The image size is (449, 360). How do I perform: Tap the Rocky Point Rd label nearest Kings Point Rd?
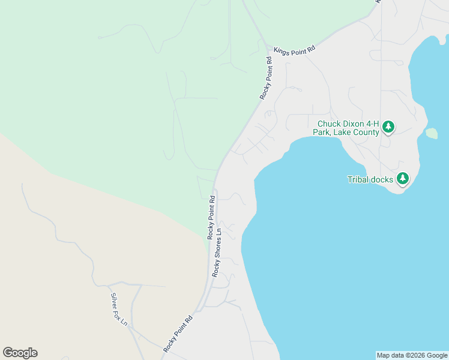267,78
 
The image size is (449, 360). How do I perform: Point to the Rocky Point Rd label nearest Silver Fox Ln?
178,332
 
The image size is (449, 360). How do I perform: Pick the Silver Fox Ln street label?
119,309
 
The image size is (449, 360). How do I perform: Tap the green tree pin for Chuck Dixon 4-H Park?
388,127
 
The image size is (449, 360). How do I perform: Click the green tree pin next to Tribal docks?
402,178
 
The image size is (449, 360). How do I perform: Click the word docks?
384,179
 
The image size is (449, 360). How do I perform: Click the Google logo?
20,353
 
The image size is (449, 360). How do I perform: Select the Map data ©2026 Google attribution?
412,355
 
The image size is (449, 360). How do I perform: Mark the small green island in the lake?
432,133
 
